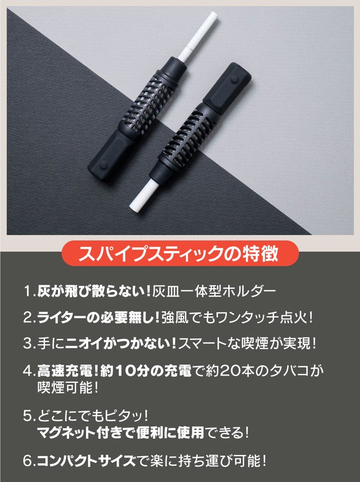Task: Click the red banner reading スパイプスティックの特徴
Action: pyautogui.click(x=180, y=253)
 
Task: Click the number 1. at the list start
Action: pyautogui.click(x=30, y=291)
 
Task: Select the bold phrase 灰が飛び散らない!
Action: pyautogui.click(x=94, y=291)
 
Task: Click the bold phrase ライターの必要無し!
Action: pyautogui.click(x=98, y=317)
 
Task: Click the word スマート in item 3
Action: pyautogui.click(x=202, y=343)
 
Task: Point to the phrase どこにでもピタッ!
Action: pyautogui.click(x=93, y=416)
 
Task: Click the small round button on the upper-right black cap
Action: pyautogui.click(x=235, y=79)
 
